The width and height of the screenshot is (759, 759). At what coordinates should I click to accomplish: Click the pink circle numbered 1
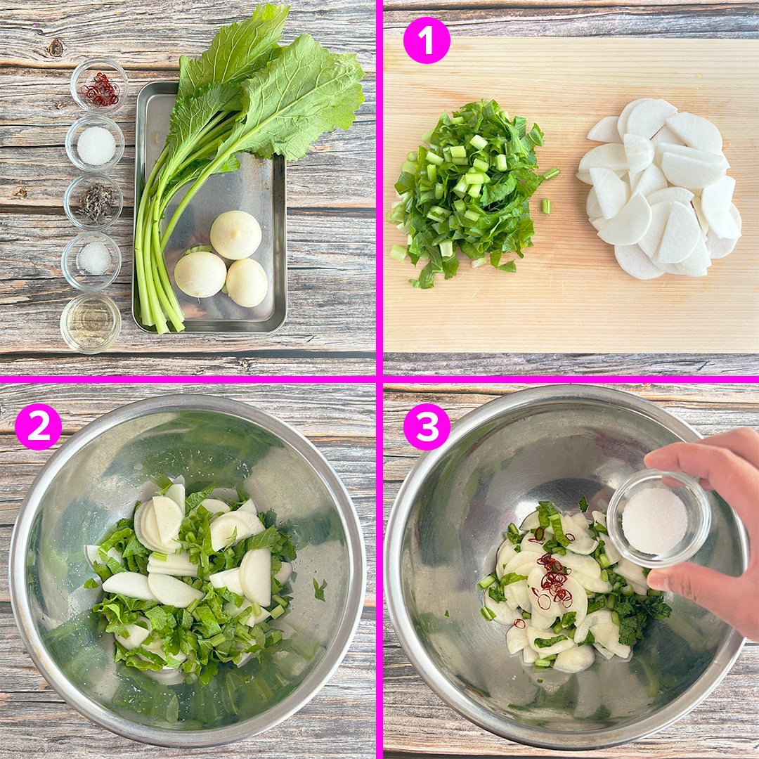coord(427,40)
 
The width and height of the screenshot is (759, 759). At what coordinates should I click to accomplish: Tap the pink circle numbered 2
coord(38,427)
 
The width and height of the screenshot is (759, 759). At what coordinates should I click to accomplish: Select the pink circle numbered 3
coord(427,427)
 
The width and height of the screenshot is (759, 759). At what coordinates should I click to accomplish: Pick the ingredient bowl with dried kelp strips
coord(94,202)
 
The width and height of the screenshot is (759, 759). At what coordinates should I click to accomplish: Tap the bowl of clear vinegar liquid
coord(91,323)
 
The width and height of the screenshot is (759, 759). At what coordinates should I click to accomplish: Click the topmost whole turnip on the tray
coord(235,235)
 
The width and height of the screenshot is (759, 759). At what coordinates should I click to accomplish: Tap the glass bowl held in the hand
coord(659,519)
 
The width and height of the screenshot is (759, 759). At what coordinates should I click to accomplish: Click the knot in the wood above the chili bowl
coord(56,48)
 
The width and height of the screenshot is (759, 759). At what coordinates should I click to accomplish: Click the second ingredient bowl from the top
coord(96,144)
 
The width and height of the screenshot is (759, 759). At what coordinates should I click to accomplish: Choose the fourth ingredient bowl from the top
coord(92,261)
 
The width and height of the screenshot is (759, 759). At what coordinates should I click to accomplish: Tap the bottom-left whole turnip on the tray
coord(200,275)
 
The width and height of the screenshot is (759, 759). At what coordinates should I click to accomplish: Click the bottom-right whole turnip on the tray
coord(247,283)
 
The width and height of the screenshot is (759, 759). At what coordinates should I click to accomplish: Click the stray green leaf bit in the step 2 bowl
coord(319,589)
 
